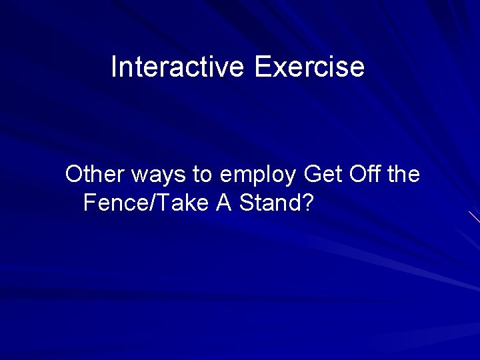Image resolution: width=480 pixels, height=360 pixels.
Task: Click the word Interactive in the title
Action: (179, 67)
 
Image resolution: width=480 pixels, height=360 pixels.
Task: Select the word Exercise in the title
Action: (309, 67)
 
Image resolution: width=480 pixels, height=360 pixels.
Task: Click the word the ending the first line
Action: (403, 175)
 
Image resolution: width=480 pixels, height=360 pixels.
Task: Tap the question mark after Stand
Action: (307, 203)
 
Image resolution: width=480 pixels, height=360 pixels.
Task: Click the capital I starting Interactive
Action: (114, 67)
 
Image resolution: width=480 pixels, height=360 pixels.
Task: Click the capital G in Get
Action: (311, 175)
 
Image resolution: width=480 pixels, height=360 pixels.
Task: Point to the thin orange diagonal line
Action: (474, 217)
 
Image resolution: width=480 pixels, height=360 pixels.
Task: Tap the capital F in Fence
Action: (90, 203)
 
